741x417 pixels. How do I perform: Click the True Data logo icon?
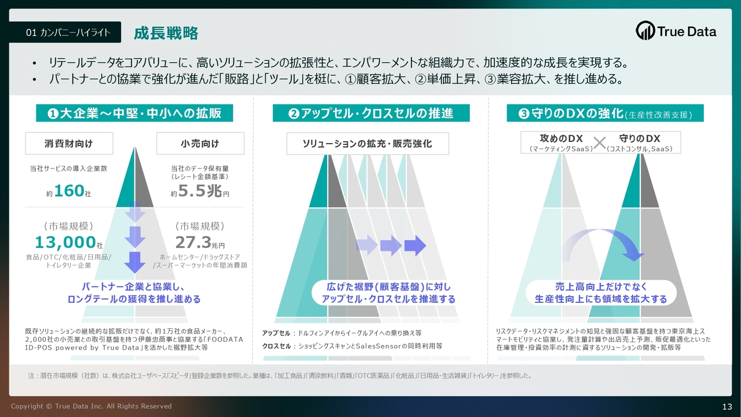tap(645, 31)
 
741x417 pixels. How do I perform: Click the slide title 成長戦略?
tap(166, 33)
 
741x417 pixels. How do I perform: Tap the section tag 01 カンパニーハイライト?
tap(65, 32)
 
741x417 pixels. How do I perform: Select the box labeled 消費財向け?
tap(69, 143)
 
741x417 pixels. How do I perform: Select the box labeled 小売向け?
tap(200, 143)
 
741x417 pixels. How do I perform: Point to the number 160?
tap(69, 191)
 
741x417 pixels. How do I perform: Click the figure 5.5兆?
tap(200, 191)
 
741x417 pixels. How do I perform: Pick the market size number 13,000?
tap(65, 242)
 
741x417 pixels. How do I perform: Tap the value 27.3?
tap(193, 242)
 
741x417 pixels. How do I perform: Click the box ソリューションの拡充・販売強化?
tap(368, 144)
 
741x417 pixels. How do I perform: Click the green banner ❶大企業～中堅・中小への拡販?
tap(134, 113)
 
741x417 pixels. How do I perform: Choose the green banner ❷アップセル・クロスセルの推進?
tap(371, 113)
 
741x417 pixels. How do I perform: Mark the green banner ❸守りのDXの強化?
tap(605, 113)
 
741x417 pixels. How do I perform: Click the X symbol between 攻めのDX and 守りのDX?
tap(599, 143)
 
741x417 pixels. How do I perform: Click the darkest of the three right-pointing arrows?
tap(415, 246)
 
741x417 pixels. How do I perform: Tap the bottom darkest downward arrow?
tap(135, 262)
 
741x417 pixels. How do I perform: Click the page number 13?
tap(727, 407)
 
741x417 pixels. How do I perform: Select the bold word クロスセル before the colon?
tap(277, 346)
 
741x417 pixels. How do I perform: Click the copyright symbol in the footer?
tap(49, 406)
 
